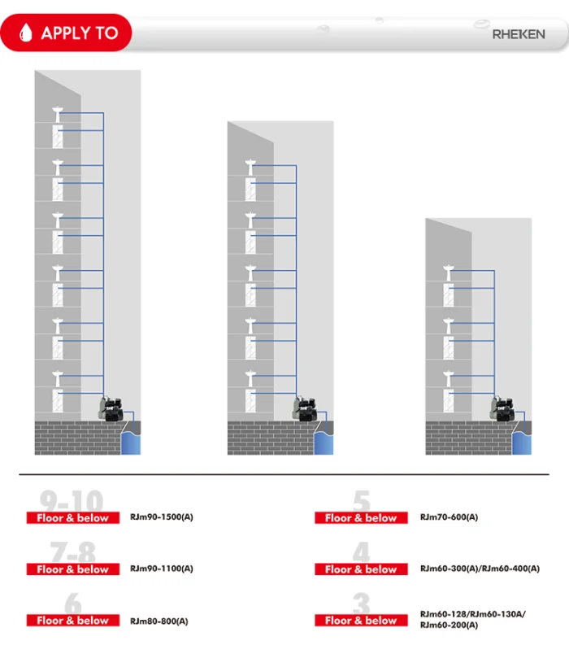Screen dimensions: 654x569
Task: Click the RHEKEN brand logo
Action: point(518,34)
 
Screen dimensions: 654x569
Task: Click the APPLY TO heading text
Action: point(79,33)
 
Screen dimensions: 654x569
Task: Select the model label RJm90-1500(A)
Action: point(161,517)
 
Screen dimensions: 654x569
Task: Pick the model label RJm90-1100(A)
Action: point(161,569)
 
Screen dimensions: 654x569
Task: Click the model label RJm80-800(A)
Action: point(159,621)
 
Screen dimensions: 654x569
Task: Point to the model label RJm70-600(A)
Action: point(449,517)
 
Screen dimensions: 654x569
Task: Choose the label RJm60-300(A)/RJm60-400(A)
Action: point(480,569)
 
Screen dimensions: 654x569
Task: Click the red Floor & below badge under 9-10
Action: point(72,518)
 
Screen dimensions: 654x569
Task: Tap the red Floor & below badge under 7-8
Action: point(72,569)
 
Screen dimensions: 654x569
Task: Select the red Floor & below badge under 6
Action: point(72,621)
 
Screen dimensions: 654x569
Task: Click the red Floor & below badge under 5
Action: point(361,518)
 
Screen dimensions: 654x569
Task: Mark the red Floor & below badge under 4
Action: point(361,569)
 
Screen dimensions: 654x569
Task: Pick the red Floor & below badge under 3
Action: point(361,621)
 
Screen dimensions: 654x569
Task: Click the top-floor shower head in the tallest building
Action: point(56,111)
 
